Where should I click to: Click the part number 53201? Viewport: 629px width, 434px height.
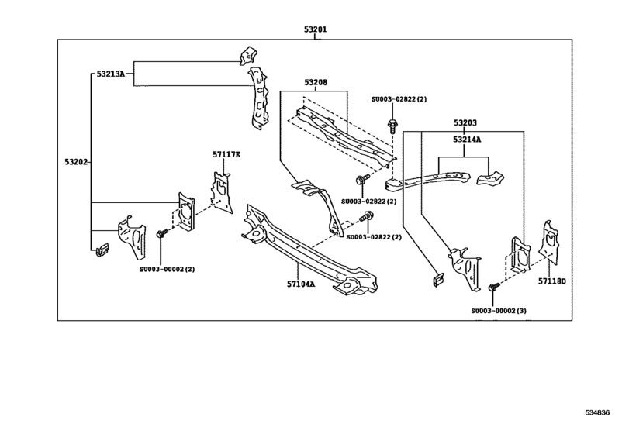pos(315,30)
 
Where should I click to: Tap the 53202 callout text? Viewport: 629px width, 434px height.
pos(77,163)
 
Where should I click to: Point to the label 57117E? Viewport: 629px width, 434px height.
pos(226,155)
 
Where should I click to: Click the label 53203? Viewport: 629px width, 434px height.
pos(465,122)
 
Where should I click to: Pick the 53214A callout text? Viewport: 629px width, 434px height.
pos(466,140)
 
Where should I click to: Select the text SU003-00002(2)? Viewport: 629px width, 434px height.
pos(167,269)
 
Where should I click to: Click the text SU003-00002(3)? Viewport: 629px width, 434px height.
pos(499,311)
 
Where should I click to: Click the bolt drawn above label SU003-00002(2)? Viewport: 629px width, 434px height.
pos(162,233)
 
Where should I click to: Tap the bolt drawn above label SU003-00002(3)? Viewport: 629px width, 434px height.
pos(493,287)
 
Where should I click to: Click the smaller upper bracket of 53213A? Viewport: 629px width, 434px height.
pos(246,55)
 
